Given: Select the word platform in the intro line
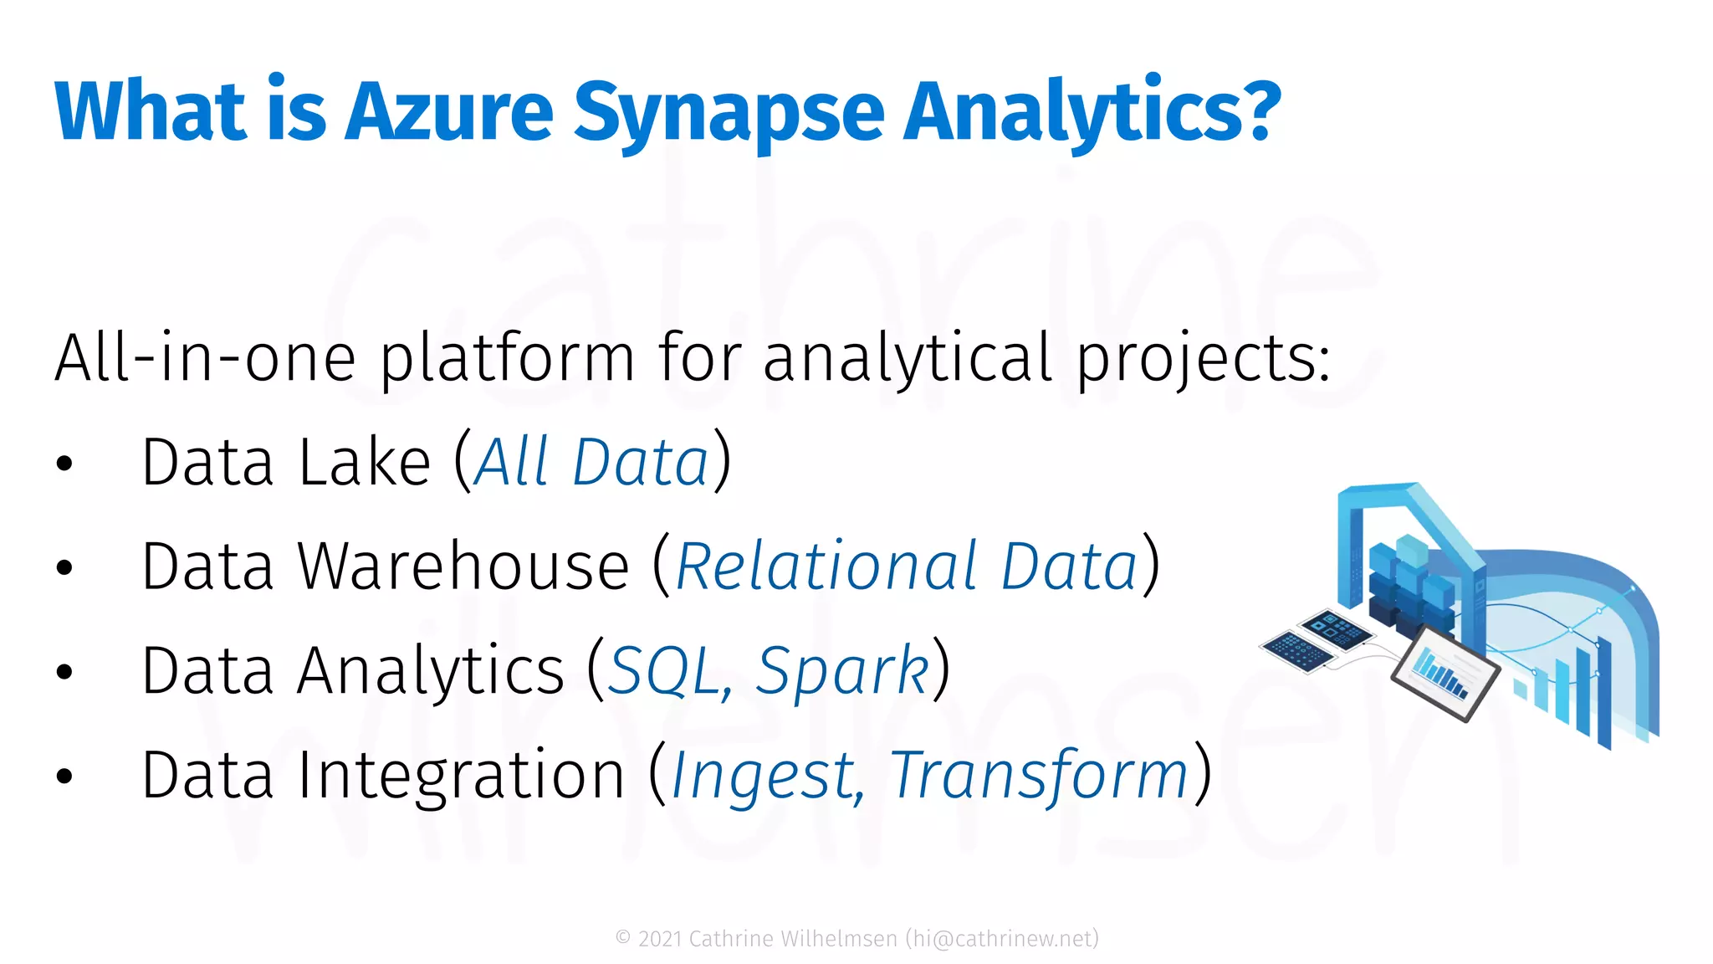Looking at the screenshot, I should (x=507, y=359).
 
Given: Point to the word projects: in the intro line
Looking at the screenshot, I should (x=1203, y=359).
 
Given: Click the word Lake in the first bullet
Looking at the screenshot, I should (x=364, y=463).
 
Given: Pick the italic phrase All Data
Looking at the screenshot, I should (x=592, y=463).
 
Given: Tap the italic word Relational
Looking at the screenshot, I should (x=827, y=567).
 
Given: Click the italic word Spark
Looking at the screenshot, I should (x=841, y=672).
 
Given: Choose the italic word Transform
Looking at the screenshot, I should (x=1039, y=776).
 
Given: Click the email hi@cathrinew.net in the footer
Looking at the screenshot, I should (x=1002, y=939).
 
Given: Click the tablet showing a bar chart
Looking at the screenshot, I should (x=1445, y=674).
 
